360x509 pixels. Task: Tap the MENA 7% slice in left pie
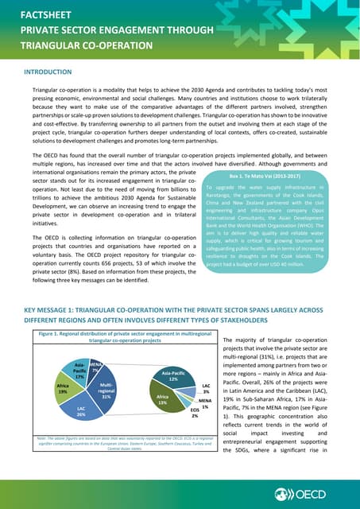tap(95, 368)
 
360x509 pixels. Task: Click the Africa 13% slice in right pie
tap(162, 400)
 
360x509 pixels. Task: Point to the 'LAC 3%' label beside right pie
tap(206, 388)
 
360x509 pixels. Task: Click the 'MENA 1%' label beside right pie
tap(204, 403)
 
